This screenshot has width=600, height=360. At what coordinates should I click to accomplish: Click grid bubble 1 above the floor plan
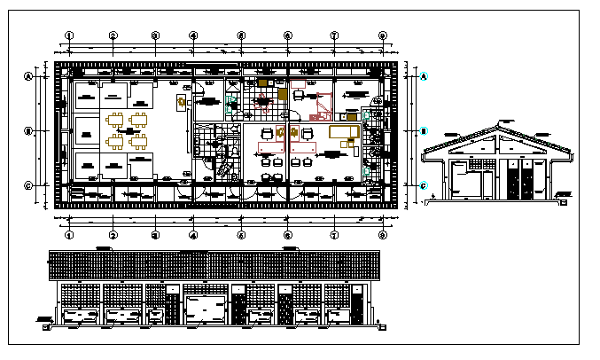point(68,35)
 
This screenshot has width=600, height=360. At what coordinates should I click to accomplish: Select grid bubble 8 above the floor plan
point(383,35)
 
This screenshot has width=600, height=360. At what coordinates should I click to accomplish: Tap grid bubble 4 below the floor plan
point(192,235)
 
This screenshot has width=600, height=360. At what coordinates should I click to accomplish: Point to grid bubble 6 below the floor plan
point(288,235)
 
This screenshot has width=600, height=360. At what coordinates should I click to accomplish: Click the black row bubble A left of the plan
point(28,76)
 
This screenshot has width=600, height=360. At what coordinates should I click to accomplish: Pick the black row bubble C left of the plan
point(28,185)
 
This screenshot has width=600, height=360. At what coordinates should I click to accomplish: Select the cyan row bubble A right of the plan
point(424,76)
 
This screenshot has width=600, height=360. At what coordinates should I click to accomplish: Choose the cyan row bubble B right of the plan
point(424,130)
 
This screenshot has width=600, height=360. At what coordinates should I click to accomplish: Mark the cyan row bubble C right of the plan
point(424,185)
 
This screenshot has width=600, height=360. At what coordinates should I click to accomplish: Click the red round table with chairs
point(263,103)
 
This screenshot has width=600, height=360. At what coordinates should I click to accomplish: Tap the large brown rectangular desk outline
point(342,132)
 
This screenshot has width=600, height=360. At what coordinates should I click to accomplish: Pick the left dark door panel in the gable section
point(513,178)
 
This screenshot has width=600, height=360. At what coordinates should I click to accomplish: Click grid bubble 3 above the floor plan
point(154,35)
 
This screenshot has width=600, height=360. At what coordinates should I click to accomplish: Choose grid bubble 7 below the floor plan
point(334,235)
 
